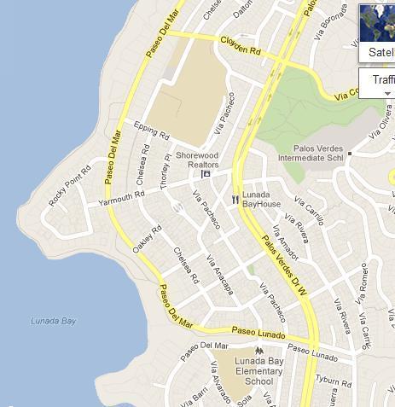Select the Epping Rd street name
pyautogui.click(x=152, y=131)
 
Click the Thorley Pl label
pyautogui.click(x=166, y=172)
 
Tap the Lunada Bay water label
pyautogui.click(x=53, y=321)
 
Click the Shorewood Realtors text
pyautogui.click(x=198, y=160)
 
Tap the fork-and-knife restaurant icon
pyautogui.click(x=235, y=199)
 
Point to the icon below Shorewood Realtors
pyautogui.click(x=206, y=174)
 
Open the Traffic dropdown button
pyautogui.click(x=377, y=83)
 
